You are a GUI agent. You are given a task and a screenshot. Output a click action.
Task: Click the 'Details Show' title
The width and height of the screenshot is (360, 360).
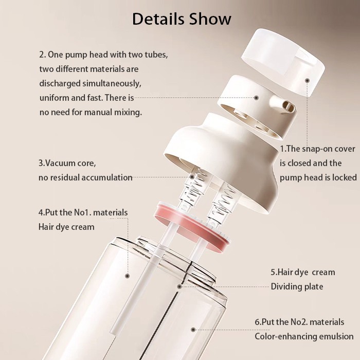click(x=182, y=19)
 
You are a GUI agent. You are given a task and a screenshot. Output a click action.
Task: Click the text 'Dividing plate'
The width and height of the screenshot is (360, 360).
click(x=297, y=286)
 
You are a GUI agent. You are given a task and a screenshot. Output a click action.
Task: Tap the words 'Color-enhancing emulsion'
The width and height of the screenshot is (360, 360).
click(x=304, y=336)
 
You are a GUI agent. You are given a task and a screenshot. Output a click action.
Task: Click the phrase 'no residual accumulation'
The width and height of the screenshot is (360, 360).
click(x=85, y=177)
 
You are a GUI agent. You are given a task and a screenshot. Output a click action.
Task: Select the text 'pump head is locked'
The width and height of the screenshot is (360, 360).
click(x=318, y=177)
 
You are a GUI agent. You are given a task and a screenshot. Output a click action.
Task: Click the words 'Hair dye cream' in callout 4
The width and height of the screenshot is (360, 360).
click(x=66, y=226)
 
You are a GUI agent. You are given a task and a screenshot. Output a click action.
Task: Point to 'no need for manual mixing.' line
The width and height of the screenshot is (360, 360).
click(x=90, y=112)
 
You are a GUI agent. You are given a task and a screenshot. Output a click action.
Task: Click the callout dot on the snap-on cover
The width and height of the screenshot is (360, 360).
click(x=308, y=80)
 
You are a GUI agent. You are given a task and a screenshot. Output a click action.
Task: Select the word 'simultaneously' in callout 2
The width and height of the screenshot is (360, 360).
click(x=115, y=83)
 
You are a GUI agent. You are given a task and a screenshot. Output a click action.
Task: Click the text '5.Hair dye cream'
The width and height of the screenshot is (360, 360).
click(x=302, y=272)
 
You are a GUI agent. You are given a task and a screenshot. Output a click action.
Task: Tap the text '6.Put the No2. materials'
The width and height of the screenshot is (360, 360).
click(x=299, y=322)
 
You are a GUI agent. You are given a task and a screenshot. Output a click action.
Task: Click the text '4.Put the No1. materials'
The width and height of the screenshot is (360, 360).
click(x=83, y=212)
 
